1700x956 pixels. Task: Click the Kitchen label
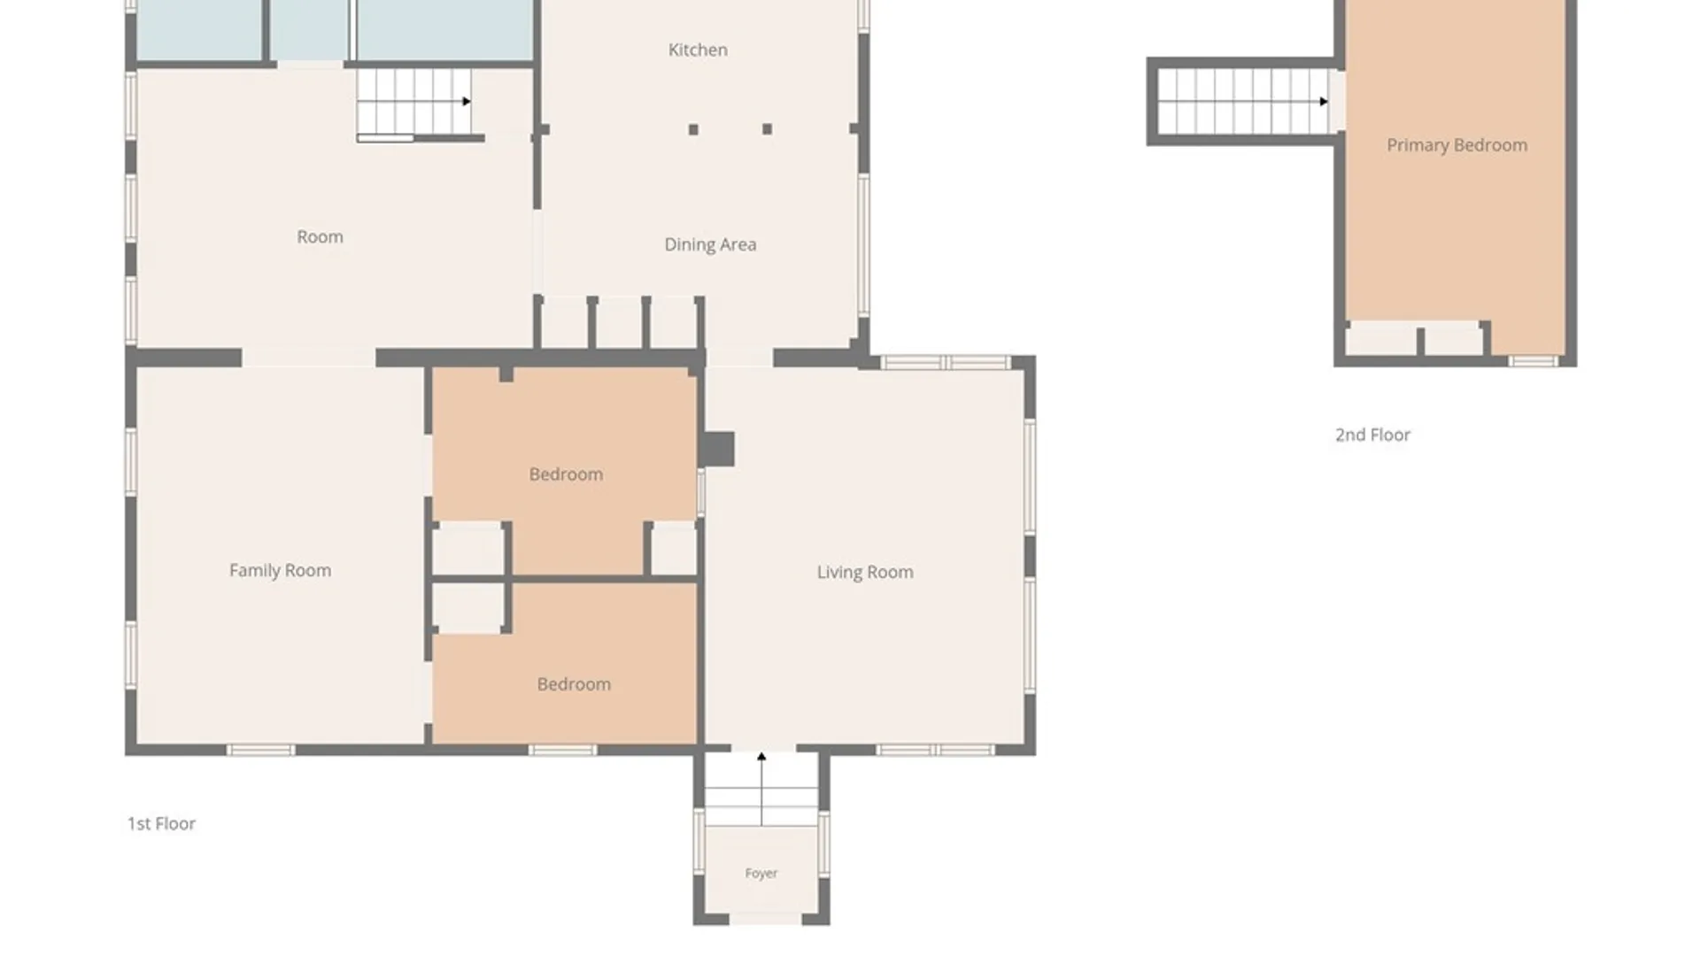pos(698,50)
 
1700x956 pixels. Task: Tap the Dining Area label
pos(710,244)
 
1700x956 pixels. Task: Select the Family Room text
pos(280,571)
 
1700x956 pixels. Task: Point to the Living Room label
pos(865,573)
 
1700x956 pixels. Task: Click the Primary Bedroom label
pos(1457,145)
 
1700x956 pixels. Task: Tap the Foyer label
pos(761,874)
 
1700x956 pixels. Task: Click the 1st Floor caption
pos(161,824)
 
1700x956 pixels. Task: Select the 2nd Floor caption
pos(1372,435)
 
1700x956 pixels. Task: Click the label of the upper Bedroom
pos(566,474)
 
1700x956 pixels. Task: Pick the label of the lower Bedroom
pos(574,684)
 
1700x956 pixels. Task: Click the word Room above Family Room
pos(320,237)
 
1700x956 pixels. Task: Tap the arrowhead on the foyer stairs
pos(761,757)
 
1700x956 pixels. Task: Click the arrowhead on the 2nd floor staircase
pos(1324,102)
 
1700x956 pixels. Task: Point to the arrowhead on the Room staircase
pos(467,101)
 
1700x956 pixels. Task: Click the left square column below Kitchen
pos(693,129)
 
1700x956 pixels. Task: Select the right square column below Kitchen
pos(767,129)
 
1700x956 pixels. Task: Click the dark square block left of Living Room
pos(716,449)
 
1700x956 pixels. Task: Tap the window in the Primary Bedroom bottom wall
pos(1533,361)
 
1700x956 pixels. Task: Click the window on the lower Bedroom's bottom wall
pos(562,751)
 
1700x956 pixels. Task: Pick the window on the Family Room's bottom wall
pos(260,751)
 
